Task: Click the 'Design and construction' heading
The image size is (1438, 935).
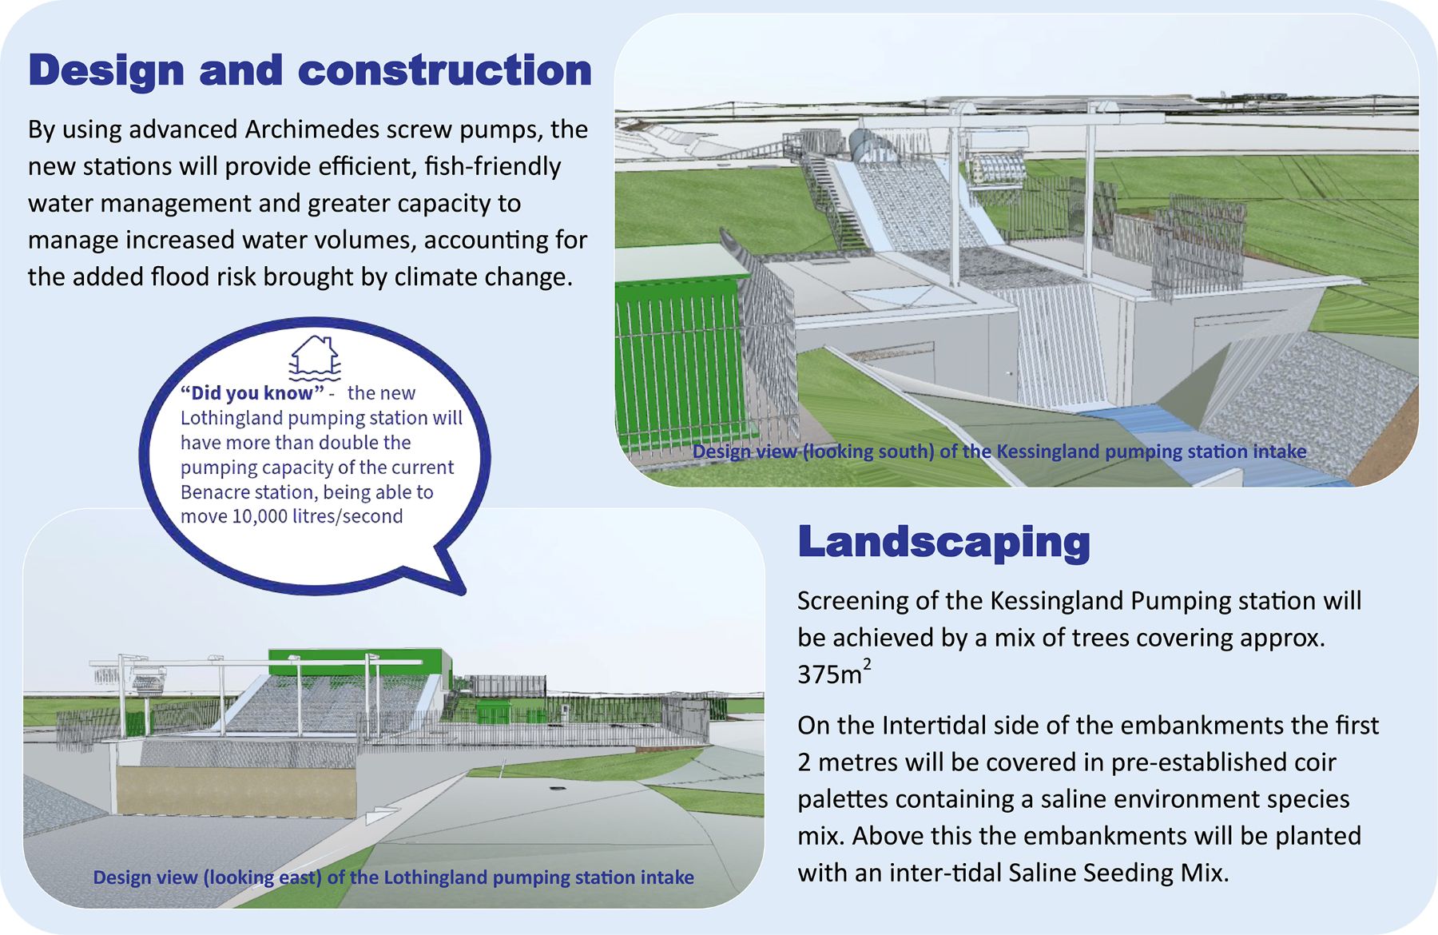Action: coord(310,70)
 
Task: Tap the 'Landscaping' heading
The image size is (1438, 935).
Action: coord(944,543)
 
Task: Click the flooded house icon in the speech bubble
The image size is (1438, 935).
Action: coord(315,356)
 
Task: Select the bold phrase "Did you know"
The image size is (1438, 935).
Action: coord(252,392)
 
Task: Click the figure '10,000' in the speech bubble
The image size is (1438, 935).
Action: coord(260,516)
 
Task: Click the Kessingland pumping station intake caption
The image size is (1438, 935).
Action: coord(999,452)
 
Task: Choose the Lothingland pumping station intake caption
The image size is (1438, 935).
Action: coord(393,877)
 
